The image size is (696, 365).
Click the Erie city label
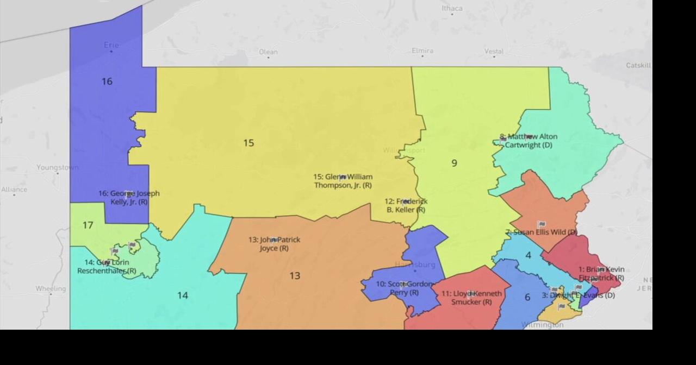coord(111,45)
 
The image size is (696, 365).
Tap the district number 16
coord(107,81)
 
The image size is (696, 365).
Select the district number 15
coord(248,143)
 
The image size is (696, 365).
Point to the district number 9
coord(454,163)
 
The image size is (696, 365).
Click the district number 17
coord(88,225)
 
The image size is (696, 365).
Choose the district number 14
coord(182,295)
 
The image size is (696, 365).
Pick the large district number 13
coord(295,276)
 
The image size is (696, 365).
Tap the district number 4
coord(528,255)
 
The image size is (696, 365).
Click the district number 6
coord(527,297)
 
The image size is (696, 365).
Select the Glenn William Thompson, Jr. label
coord(343,181)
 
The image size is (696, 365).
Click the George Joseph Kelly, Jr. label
coord(129,198)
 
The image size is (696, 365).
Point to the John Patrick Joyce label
coord(274,244)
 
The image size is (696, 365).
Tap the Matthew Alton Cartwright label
coord(529,141)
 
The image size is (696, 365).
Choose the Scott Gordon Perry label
coord(404,288)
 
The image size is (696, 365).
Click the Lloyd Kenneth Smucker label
coord(471,298)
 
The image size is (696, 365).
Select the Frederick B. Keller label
coord(406,205)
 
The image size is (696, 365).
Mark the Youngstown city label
coord(57,167)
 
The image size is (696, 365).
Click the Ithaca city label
coord(452,8)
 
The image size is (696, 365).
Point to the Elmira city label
coord(422,51)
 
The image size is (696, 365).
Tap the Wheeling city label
coord(51,288)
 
